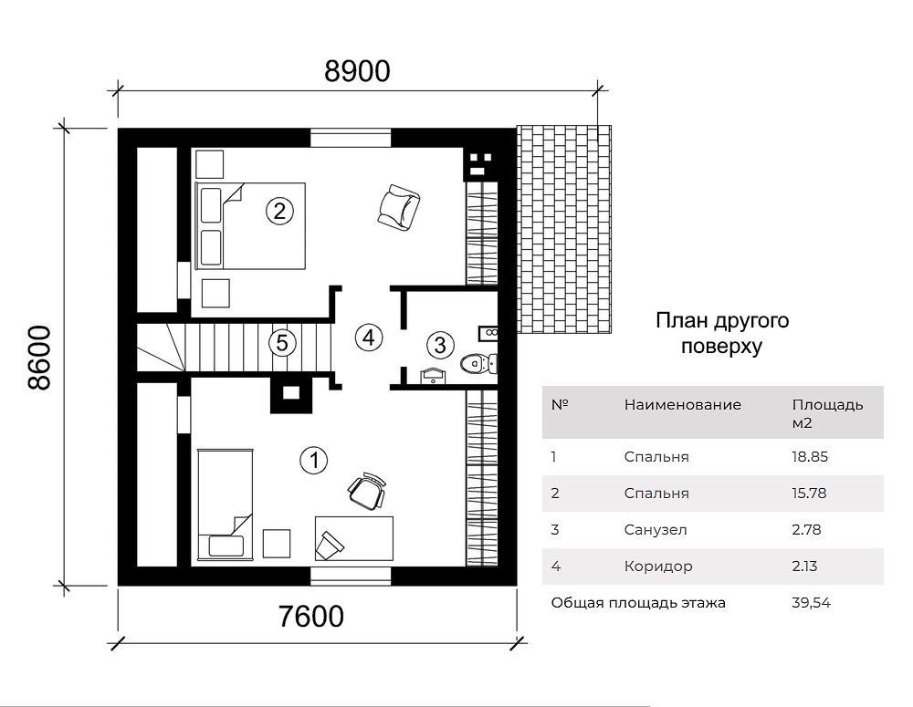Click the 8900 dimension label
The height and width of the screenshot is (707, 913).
coord(357,71)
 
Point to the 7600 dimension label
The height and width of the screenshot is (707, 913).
coord(311,617)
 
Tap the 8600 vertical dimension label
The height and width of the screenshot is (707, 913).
coord(40,358)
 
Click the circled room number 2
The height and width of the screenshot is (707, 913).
coord(279,211)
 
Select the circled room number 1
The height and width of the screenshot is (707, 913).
coord(314,461)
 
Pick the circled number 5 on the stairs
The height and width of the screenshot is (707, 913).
coord(282,343)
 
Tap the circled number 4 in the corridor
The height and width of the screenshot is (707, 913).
coord(369,338)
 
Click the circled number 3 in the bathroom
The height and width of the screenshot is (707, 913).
coord(440,345)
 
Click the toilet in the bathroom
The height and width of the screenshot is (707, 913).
coord(478,364)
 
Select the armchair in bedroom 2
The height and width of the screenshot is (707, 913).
coord(398,206)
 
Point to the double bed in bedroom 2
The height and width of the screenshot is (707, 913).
coord(250,225)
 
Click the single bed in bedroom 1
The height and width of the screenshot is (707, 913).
coord(226,504)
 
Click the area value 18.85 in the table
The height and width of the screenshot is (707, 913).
coord(809,457)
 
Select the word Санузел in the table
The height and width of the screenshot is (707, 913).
coord(656,530)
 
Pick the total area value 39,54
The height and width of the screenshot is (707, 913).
coord(811,603)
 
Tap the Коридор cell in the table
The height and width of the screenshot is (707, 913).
coord(658,567)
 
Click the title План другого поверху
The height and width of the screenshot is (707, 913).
coord(722,333)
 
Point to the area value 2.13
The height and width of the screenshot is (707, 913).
coord(804,567)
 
